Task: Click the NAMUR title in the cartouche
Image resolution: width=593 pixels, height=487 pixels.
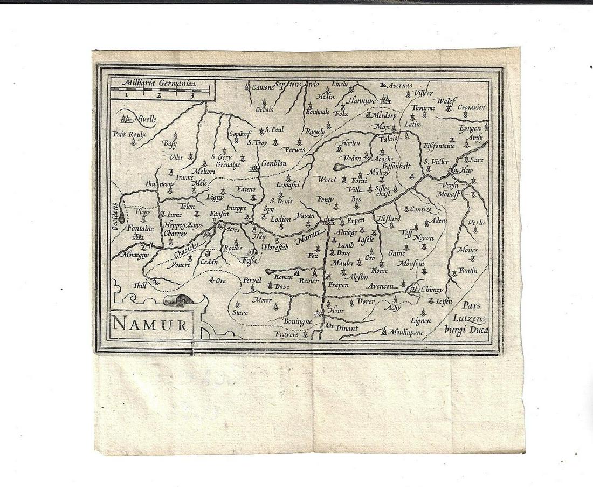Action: (x=150, y=325)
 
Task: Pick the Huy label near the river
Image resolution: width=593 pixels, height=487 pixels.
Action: (x=467, y=169)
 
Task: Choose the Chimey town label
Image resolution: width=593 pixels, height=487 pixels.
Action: (x=432, y=290)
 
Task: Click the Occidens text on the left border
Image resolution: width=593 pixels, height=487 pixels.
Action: (x=114, y=216)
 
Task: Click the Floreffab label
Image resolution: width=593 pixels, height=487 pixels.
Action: (x=276, y=247)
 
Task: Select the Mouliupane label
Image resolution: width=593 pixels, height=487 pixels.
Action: (x=406, y=332)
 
